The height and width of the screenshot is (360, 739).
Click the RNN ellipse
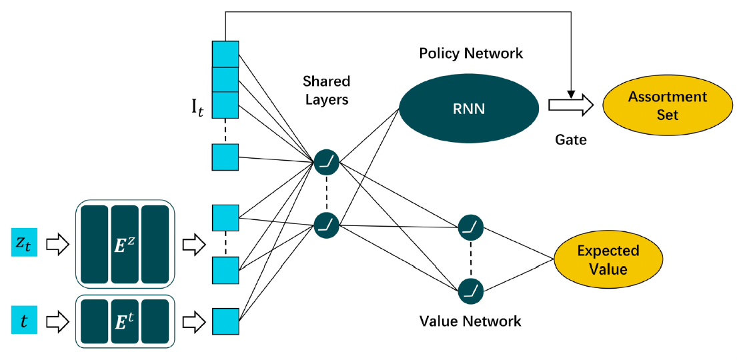pos(469,109)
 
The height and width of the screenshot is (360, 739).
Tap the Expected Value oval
pos(608,260)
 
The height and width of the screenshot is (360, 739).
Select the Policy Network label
pos(471,53)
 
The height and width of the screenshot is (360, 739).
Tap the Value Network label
pos(470,321)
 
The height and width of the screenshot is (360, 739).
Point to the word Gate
pos(570,141)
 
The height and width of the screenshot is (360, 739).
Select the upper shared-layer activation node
pos(327,161)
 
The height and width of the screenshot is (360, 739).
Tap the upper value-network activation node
pos(470,227)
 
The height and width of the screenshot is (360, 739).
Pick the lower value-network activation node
pos(470,290)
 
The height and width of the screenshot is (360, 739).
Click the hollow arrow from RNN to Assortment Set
pos(570,105)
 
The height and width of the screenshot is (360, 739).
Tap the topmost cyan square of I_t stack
pos(225,54)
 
